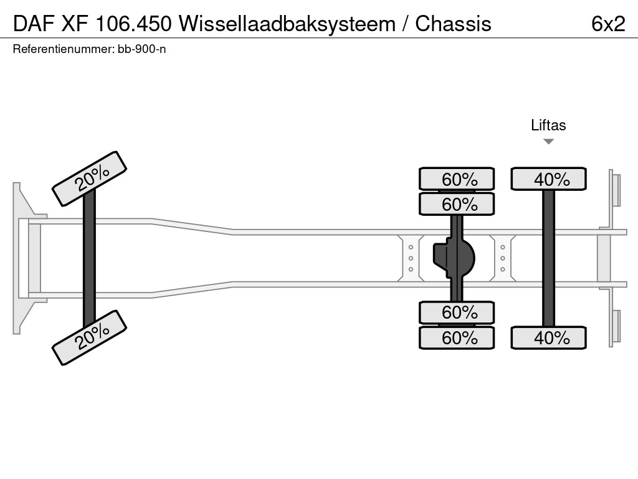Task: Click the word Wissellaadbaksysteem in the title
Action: [287, 24]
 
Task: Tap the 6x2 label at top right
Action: [608, 24]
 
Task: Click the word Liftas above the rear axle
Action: [548, 125]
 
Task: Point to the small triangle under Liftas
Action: [548, 142]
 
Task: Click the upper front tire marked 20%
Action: [89, 178]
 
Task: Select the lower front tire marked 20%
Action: [89, 337]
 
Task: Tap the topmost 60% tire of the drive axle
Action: [457, 179]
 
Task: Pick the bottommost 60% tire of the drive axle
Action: [457, 338]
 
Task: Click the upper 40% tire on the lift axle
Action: [548, 179]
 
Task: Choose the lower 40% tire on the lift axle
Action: [548, 338]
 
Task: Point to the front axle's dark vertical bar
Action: [89, 258]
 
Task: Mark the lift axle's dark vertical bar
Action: [548, 258]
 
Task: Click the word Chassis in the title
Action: [454, 24]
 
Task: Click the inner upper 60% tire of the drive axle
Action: [457, 204]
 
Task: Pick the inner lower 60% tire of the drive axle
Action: [457, 312]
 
